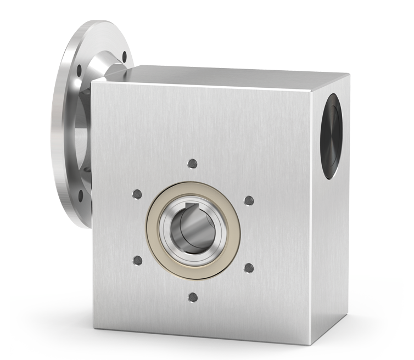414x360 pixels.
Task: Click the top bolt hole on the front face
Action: point(192,163)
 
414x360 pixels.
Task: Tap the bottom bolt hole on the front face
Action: point(192,297)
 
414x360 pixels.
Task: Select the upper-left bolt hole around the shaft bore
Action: point(137,194)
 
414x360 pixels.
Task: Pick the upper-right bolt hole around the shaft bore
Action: point(248,200)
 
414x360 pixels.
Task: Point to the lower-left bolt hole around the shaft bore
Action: point(137,260)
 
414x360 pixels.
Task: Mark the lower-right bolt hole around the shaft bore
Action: point(248,268)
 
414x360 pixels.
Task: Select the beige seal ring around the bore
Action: point(154,230)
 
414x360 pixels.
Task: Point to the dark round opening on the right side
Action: point(331,136)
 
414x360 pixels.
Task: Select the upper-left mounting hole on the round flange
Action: point(80,70)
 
